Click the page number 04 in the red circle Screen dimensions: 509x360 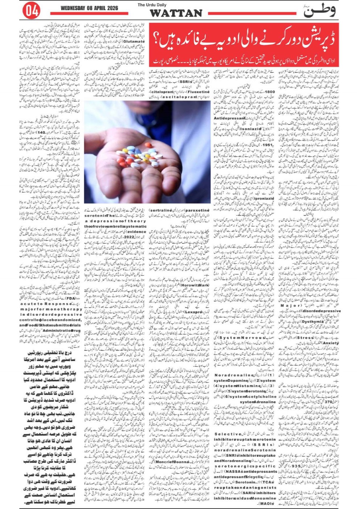point(31,11)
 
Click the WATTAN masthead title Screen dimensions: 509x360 point(176,13)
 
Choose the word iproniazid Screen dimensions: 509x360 point(260,199)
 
